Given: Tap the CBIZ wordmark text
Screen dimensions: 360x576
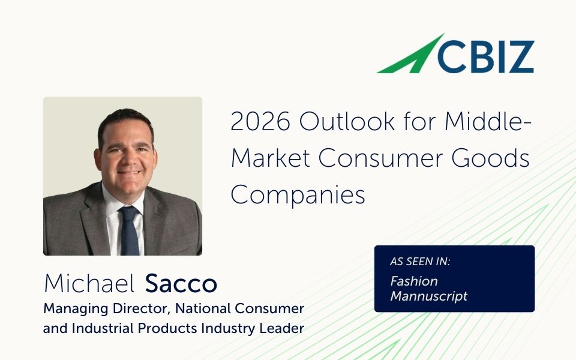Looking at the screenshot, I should coord(485,56).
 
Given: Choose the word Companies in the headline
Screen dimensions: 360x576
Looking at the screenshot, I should coord(298,194).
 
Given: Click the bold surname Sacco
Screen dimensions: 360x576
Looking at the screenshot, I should coord(181,283).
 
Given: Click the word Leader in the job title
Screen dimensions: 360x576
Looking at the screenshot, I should coord(282,328).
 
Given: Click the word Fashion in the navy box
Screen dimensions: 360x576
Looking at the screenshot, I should coord(414,281).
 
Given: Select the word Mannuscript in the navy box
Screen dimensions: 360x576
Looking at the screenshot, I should coord(428,296).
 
